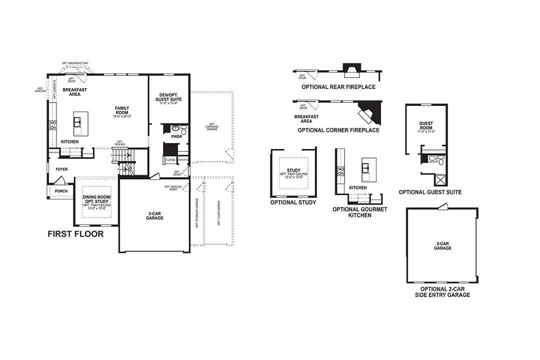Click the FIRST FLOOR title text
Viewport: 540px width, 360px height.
(75, 233)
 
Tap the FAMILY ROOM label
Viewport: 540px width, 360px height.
(122, 110)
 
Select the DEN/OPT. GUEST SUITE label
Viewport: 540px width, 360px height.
(169, 97)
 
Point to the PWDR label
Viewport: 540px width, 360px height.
(176, 136)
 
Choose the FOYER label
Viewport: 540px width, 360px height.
(61, 169)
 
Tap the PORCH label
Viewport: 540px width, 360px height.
(61, 191)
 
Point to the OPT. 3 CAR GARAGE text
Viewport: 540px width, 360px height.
(218, 213)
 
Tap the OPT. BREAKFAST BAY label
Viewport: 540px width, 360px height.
(75, 63)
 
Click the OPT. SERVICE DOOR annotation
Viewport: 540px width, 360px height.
(171, 188)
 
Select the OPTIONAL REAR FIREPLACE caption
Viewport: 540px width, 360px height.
(338, 87)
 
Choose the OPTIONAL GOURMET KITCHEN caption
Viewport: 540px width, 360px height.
(359, 212)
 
